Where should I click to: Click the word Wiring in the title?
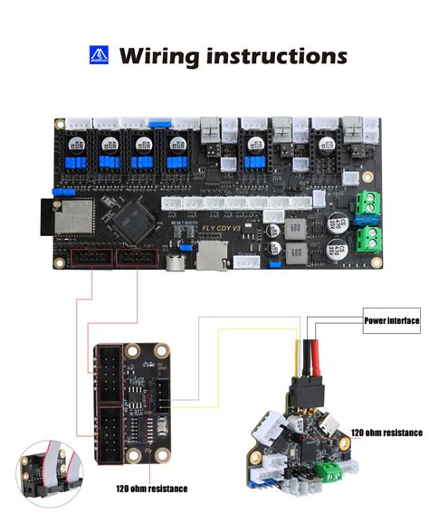pyautogui.click(x=160, y=56)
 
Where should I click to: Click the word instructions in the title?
pyautogui.click(x=277, y=56)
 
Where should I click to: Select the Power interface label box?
pyautogui.click(x=391, y=319)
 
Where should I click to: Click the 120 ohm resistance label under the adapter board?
pyautogui.click(x=151, y=488)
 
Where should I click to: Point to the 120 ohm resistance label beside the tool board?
pyautogui.click(x=386, y=433)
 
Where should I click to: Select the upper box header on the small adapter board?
pyautogui.click(x=108, y=376)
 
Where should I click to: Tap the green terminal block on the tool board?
pyautogui.click(x=334, y=468)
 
